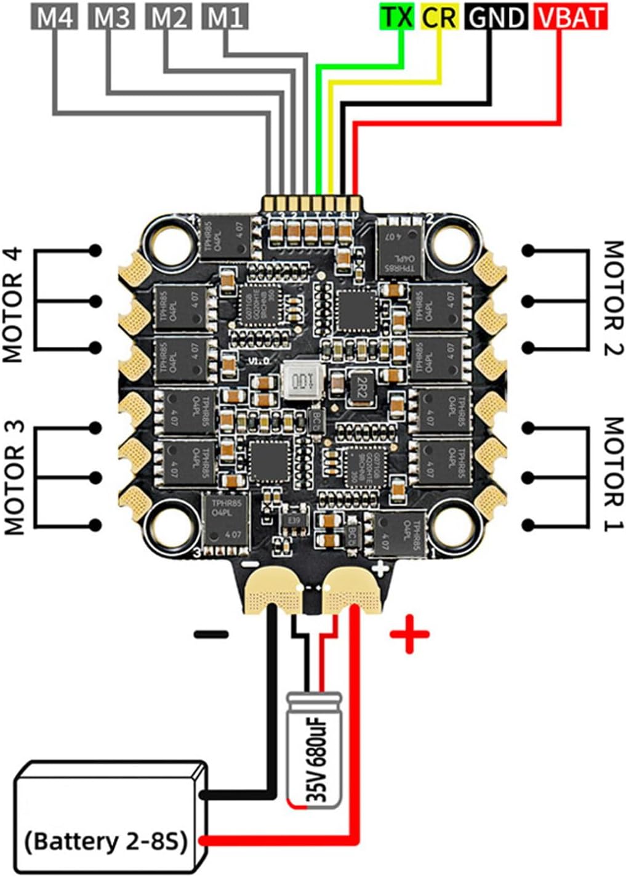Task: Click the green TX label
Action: pyautogui.click(x=397, y=17)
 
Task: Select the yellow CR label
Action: pyautogui.click(x=440, y=17)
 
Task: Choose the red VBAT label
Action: pyautogui.click(x=571, y=17)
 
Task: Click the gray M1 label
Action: pyautogui.click(x=225, y=17)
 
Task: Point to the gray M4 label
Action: pyautogui.click(x=55, y=17)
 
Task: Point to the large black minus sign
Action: pyautogui.click(x=211, y=634)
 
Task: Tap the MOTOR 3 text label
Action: pyautogui.click(x=14, y=478)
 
